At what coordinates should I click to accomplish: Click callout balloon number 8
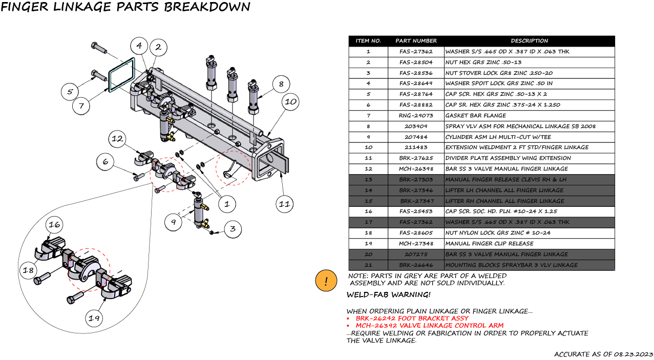click(281, 84)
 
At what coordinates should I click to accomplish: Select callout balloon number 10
click(290, 101)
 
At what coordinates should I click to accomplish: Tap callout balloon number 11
click(284, 204)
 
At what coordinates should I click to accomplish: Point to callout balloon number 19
click(94, 318)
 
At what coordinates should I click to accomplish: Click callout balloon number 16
click(55, 224)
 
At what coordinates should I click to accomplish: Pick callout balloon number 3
click(233, 229)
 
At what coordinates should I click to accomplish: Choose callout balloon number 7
click(81, 107)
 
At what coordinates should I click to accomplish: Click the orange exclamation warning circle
click(326, 281)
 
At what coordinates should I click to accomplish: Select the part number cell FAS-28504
click(416, 62)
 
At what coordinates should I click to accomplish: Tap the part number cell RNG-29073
click(416, 115)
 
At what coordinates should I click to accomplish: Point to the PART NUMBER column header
click(416, 40)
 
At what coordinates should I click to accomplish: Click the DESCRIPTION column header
click(529, 40)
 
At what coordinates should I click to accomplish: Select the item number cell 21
click(368, 265)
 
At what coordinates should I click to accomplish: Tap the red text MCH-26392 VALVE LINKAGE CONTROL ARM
click(429, 325)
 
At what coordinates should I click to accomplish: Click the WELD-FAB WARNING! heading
click(388, 294)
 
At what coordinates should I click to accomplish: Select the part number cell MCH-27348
click(416, 243)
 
